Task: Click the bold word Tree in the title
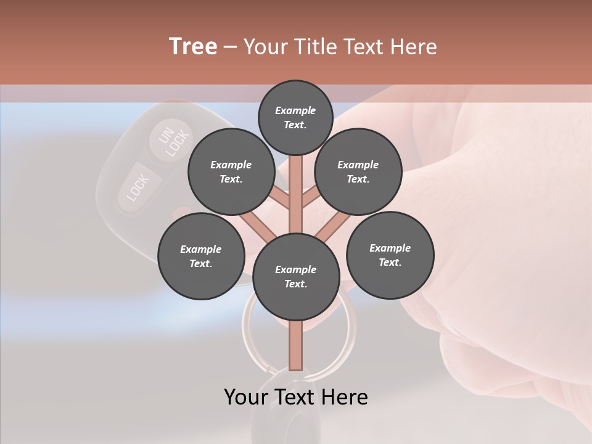pos(193,46)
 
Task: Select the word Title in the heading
pos(313,46)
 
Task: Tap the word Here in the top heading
pos(413,46)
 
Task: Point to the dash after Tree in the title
pos(230,47)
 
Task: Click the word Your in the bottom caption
pos(245,397)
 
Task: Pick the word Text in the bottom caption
pos(296,397)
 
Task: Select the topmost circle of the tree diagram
pos(296,117)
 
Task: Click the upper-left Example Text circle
pos(231,172)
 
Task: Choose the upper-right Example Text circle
pos(358,172)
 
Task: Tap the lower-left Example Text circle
pos(201,256)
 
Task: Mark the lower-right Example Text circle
pos(390,255)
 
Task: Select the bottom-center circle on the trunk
pos(296,276)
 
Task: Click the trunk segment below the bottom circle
pos(296,345)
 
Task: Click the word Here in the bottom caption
pos(346,397)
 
